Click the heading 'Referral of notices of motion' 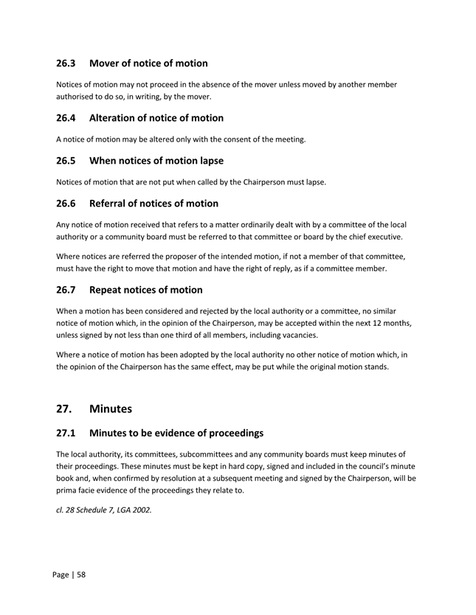tap(154, 204)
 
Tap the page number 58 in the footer tap(80, 574)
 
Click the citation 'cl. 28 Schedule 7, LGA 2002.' tap(104, 509)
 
